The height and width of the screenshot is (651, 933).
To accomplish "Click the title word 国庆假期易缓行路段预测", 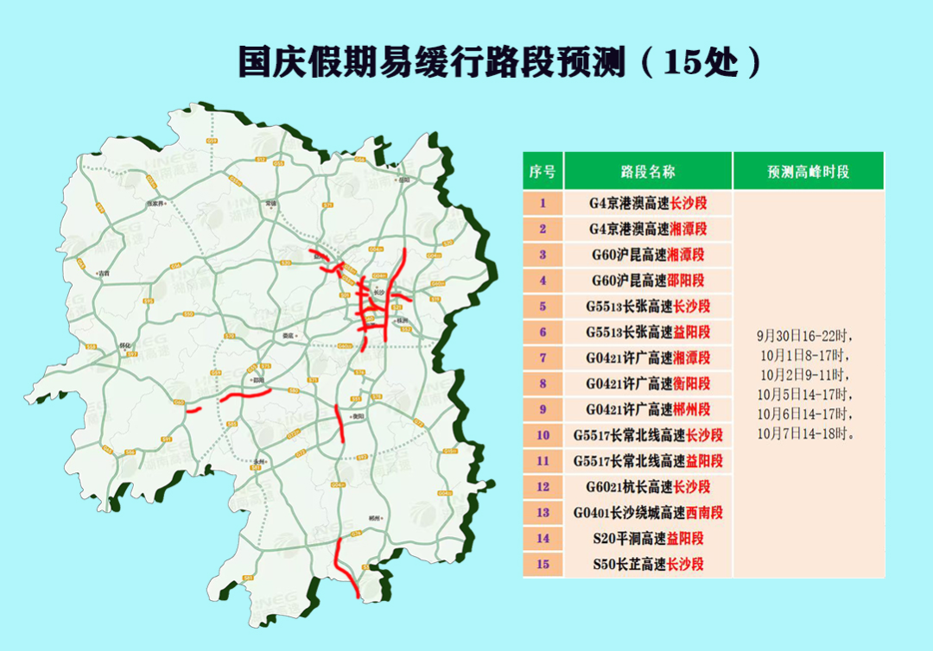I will (x=432, y=63).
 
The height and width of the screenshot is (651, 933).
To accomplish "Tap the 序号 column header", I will (x=543, y=171).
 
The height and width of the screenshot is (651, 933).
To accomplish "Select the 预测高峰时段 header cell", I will (x=808, y=171).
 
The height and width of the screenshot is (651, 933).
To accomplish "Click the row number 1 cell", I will (x=543, y=204).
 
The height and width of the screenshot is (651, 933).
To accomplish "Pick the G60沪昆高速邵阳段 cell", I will (x=648, y=281).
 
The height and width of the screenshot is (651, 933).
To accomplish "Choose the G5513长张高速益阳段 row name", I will (x=648, y=332).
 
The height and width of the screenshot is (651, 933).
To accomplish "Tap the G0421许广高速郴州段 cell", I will (x=648, y=409).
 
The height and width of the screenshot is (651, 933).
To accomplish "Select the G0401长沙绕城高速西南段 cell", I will (x=648, y=513).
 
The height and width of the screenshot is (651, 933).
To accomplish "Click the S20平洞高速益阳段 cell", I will (x=648, y=539).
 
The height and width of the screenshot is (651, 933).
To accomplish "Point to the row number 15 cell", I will (x=543, y=565).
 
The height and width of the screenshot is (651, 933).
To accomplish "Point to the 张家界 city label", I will (x=155, y=204).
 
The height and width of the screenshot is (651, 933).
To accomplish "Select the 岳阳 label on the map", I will (x=403, y=180).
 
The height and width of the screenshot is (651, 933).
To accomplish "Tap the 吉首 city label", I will (x=104, y=274).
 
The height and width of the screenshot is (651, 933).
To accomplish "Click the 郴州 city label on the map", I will (x=374, y=518).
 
